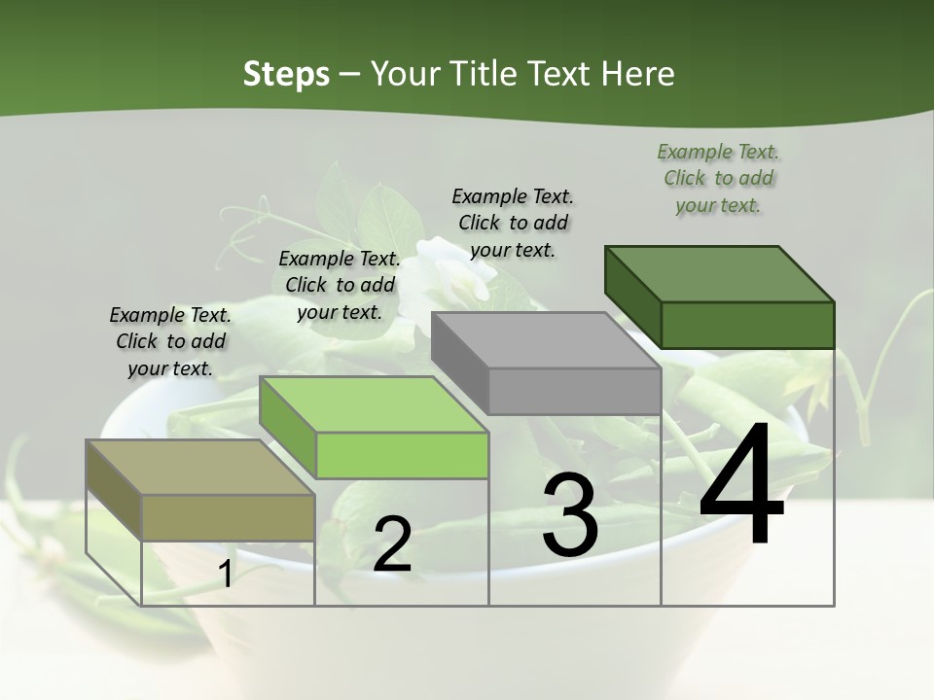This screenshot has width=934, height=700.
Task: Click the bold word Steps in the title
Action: [286, 74]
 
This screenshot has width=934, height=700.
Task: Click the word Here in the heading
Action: [637, 74]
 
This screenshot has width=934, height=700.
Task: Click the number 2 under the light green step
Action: [392, 544]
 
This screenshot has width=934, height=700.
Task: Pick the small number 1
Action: [225, 575]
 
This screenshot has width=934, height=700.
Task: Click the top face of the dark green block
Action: [718, 273]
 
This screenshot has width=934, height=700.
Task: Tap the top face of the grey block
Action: [545, 340]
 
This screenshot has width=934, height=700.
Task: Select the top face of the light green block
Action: [374, 404]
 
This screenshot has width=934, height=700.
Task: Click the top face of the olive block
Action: [200, 468]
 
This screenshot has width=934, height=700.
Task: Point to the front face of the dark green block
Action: [747, 325]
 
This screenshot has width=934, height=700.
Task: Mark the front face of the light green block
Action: [402, 455]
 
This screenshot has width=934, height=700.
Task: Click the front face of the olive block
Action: [229, 517]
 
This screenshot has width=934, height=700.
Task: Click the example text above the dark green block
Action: [718, 178]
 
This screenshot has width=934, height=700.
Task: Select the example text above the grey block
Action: [513, 223]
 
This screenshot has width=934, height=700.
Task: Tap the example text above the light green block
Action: [340, 285]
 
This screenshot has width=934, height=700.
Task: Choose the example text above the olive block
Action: [170, 341]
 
